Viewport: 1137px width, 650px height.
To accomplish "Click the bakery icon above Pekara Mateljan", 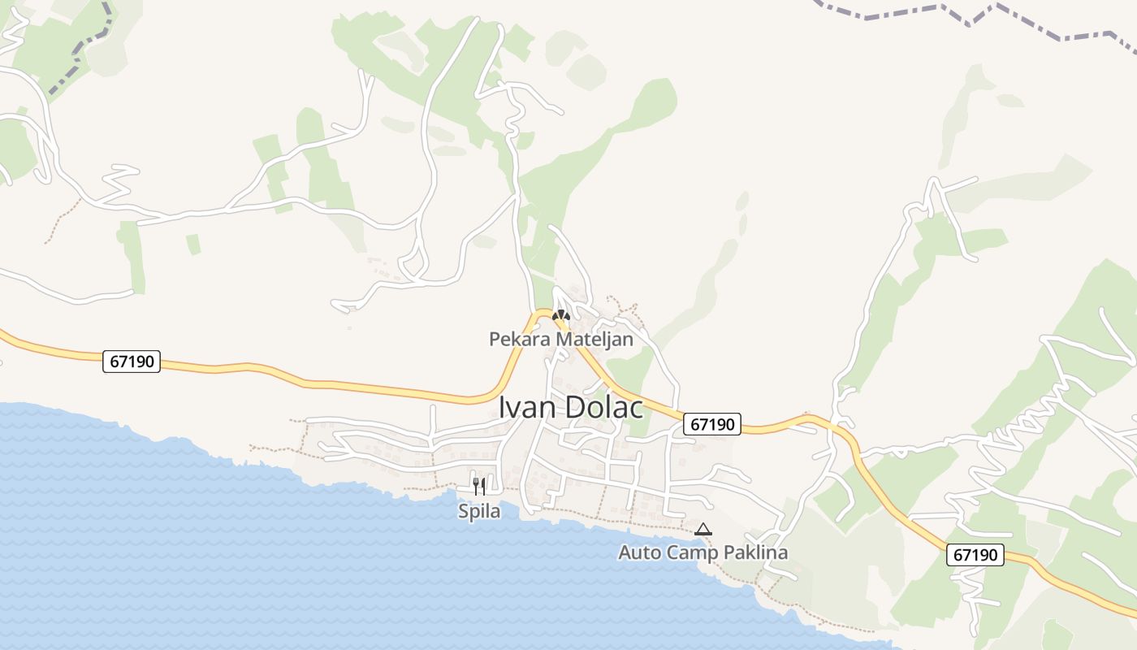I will click(561, 315).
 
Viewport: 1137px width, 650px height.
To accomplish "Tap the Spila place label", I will click(479, 512).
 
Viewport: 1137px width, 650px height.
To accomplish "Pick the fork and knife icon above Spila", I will click(479, 487).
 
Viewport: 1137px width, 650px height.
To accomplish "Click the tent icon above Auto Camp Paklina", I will click(703, 530).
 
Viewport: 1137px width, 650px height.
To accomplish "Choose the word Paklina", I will click(756, 553).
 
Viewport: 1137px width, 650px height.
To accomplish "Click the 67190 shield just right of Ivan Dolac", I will click(711, 424).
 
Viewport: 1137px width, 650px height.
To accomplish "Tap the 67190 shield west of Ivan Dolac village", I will click(132, 362).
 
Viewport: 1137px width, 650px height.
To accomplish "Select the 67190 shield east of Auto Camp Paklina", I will click(975, 555).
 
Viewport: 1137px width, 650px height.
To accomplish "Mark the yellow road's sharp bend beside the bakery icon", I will click(542, 311).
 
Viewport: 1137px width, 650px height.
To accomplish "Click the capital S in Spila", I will click(464, 512).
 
